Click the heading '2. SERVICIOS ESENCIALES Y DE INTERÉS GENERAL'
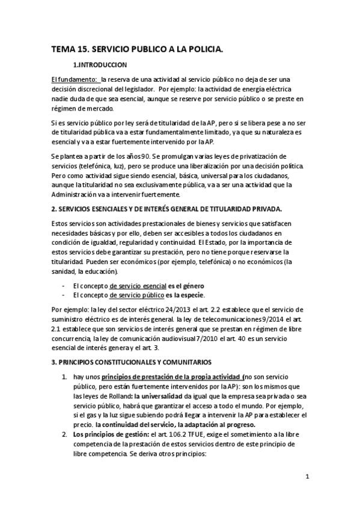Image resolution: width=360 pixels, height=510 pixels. pyautogui.click(x=166, y=208)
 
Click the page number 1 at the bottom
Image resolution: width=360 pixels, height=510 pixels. pyautogui.click(x=307, y=477)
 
